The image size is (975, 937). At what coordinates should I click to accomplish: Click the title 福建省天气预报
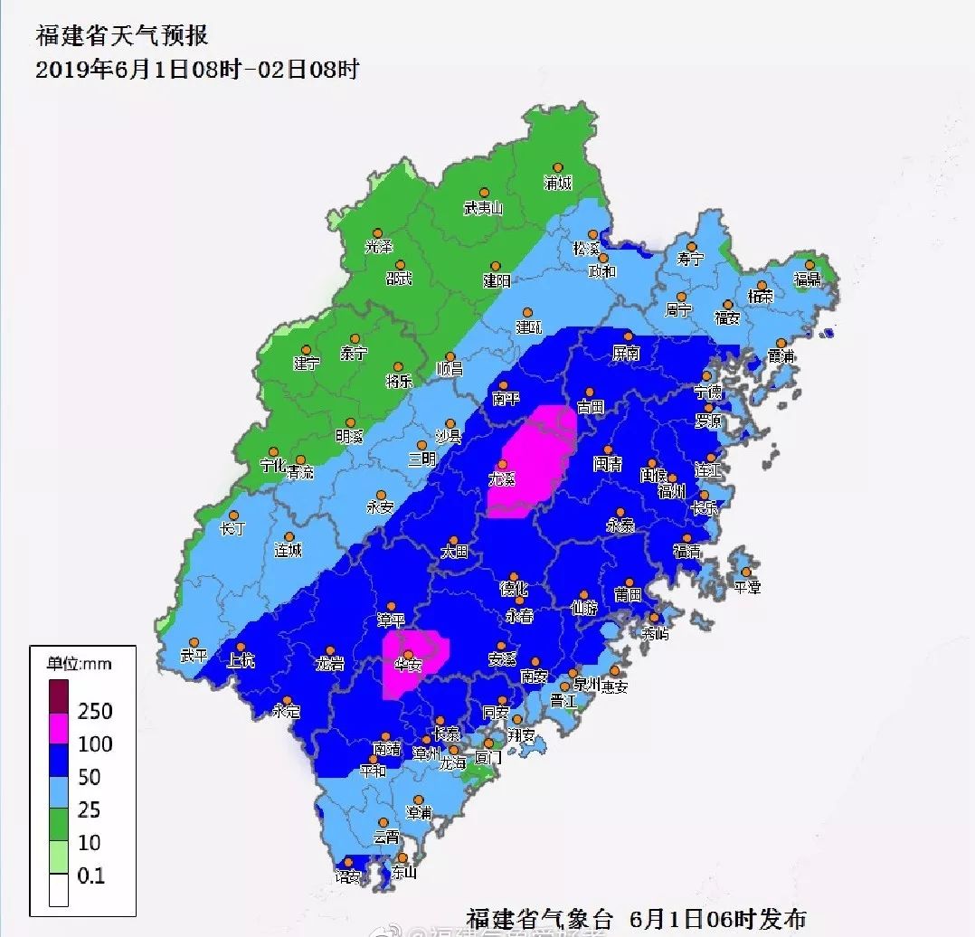[x=122, y=36]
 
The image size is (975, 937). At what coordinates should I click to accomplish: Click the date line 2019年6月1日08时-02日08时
[x=197, y=70]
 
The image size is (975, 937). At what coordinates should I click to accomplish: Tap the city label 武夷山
[x=483, y=208]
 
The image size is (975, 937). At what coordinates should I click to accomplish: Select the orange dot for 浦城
[x=558, y=167]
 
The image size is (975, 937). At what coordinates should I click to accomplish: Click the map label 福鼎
[x=807, y=279]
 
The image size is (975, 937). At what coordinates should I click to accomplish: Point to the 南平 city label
[x=506, y=399]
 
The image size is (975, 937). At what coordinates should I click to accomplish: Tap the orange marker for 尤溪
[x=503, y=464]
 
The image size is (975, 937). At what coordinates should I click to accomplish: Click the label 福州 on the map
[x=672, y=491]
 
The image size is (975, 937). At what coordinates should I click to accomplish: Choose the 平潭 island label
[x=747, y=587]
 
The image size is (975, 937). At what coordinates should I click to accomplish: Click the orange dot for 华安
[x=409, y=655]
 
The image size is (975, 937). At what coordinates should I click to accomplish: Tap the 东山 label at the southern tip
[x=404, y=873]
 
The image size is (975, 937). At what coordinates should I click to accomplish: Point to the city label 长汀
[x=233, y=528]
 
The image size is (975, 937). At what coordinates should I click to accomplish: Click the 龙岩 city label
[x=330, y=665]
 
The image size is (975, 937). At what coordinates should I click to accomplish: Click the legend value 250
[x=95, y=711]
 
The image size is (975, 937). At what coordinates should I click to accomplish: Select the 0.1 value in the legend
[x=91, y=875]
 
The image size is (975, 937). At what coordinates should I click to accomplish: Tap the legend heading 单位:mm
[x=80, y=663]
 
